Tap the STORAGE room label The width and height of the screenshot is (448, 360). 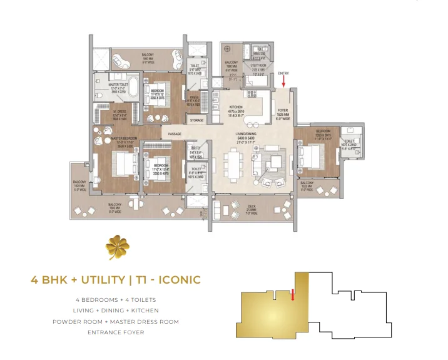[x=196, y=120]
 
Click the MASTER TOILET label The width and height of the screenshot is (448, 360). [x=118, y=85]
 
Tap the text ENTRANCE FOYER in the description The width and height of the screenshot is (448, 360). [x=116, y=332]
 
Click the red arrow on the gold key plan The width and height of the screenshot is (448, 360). [x=292, y=294]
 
